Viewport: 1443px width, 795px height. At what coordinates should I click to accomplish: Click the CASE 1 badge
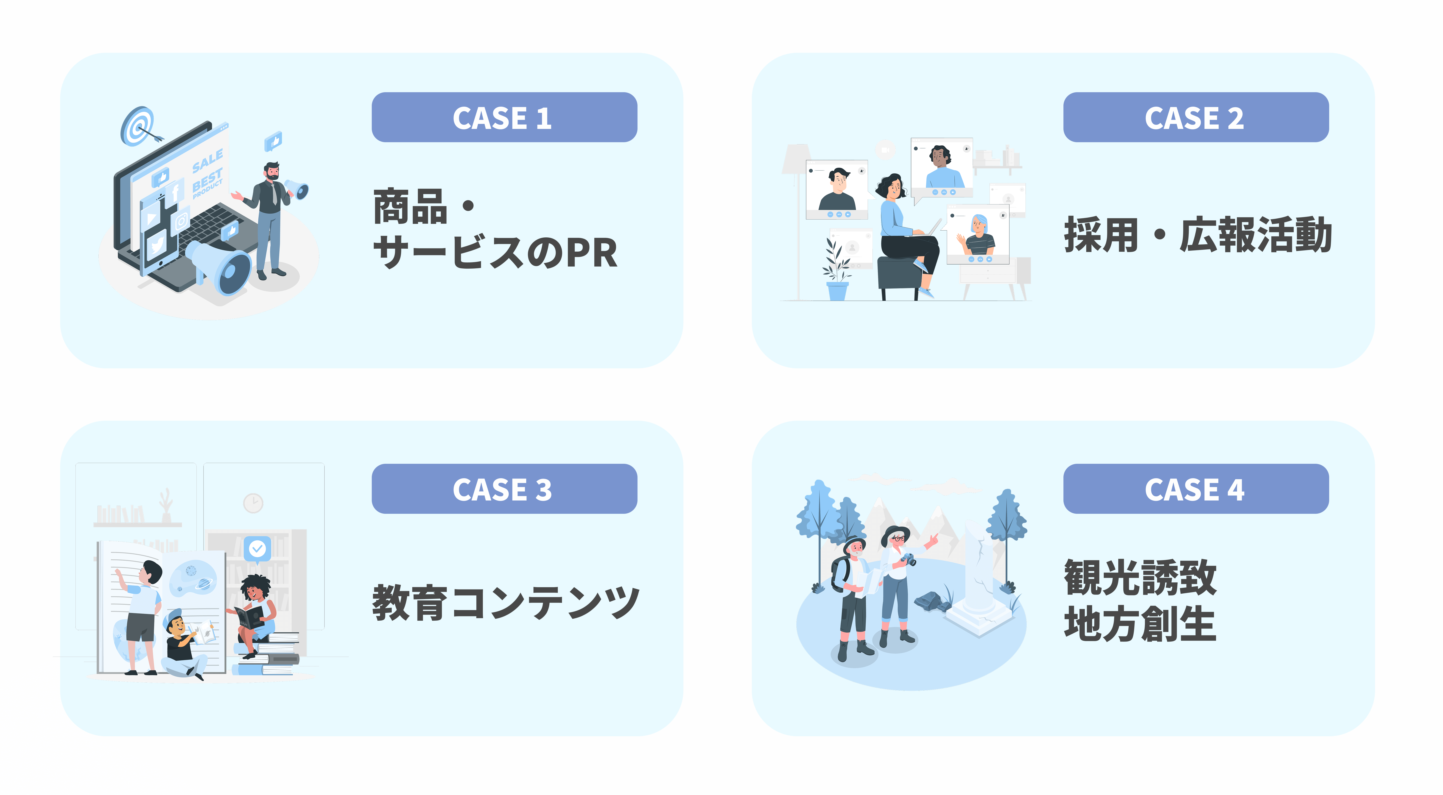(504, 118)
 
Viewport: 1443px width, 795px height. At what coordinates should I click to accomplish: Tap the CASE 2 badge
(1195, 118)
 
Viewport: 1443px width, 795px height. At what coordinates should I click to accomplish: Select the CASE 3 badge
(504, 489)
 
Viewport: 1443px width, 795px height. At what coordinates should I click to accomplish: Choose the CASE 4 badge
(1195, 489)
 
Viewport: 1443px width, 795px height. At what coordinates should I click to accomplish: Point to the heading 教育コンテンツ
(506, 602)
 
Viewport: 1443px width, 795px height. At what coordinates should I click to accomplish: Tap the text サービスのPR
(495, 253)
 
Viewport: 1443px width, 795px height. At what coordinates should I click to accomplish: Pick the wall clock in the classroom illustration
(253, 503)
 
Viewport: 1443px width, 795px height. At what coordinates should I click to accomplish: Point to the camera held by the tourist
(909, 559)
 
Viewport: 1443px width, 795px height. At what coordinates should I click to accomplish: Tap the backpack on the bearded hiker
(839, 574)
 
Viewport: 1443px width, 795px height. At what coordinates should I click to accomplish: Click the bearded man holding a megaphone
(270, 218)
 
